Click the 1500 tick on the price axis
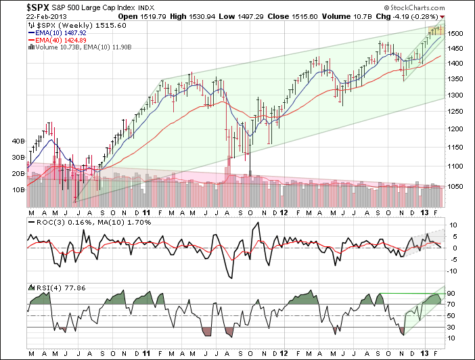tap(455, 34)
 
